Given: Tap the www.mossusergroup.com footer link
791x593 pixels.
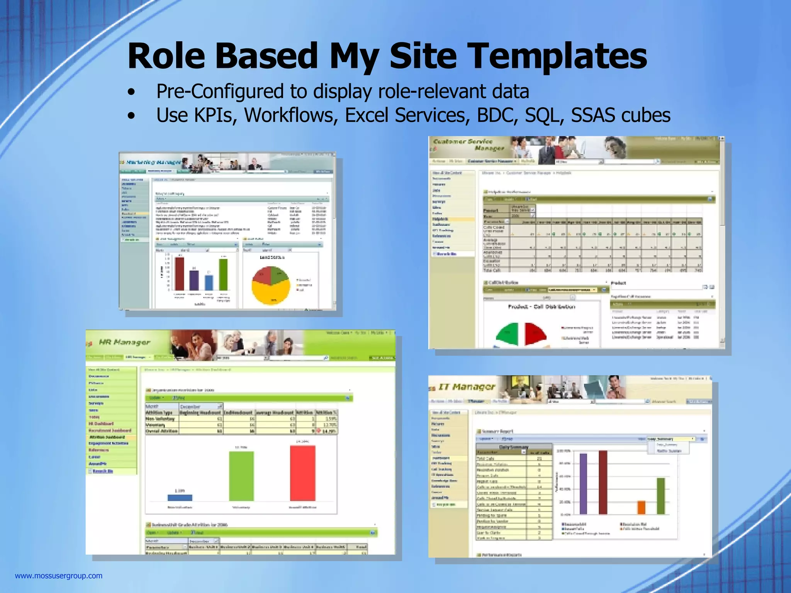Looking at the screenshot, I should [59, 576].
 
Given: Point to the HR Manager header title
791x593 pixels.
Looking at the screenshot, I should [124, 342].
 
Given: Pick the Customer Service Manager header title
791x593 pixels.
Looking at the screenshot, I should [468, 144].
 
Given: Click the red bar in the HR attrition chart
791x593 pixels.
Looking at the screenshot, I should [302, 473].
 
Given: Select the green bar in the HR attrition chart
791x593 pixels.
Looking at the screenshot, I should [241, 476].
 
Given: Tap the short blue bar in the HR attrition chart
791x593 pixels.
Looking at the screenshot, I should [180, 498].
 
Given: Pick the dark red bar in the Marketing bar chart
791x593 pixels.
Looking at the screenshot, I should [180, 273].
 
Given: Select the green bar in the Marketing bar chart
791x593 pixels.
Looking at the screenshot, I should [223, 274].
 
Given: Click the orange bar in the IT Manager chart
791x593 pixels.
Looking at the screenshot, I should [641, 507].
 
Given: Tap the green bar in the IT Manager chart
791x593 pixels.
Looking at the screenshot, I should [661, 496].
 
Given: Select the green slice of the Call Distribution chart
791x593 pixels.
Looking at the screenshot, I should [508, 334].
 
